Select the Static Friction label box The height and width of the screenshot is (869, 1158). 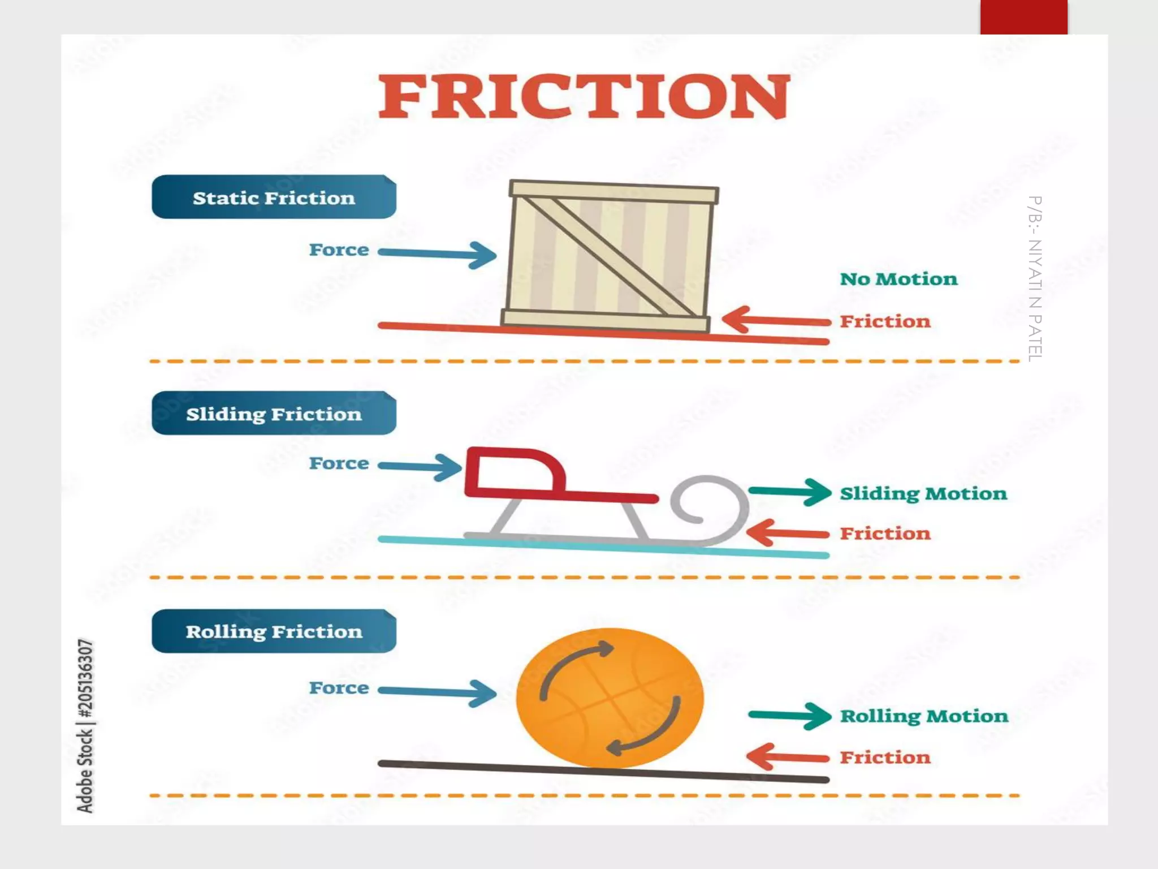[274, 197]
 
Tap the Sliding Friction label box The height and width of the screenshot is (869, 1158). [274, 414]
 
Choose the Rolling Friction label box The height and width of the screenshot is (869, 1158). [274, 631]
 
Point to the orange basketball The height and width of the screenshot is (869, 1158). [610, 698]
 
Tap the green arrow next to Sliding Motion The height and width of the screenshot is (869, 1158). [789, 492]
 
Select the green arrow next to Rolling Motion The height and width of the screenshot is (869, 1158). [789, 716]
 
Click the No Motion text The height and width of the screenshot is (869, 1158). [898, 279]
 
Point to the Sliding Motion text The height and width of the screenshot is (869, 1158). [923, 493]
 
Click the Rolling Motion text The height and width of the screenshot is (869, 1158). [924, 716]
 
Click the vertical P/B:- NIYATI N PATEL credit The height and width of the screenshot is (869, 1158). [1034, 278]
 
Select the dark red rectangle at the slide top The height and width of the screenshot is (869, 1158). [1023, 17]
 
